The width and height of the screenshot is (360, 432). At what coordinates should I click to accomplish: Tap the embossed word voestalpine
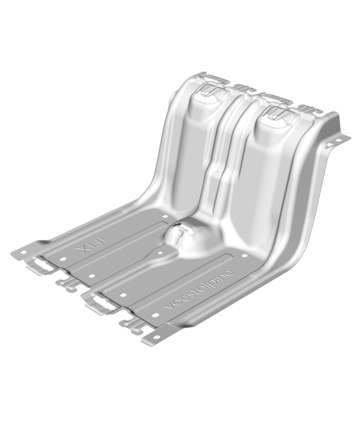[199, 292]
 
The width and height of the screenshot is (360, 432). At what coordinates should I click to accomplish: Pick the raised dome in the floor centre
[187, 236]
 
